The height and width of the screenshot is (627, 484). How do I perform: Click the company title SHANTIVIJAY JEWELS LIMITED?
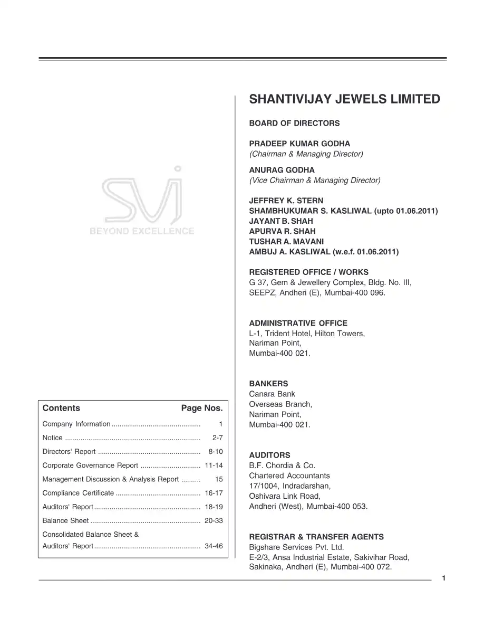point(344,99)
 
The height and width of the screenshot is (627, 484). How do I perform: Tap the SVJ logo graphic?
point(141,195)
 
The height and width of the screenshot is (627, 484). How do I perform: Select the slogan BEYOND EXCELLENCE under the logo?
point(142,231)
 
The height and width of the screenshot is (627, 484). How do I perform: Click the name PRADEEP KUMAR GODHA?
point(299,144)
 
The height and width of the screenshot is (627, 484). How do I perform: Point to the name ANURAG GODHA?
point(282,170)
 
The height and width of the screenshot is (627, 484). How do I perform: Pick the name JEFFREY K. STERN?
point(286,201)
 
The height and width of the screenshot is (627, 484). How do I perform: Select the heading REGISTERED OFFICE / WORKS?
point(308,272)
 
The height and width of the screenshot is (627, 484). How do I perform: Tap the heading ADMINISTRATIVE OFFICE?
point(298,323)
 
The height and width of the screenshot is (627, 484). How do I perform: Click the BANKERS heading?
point(268,384)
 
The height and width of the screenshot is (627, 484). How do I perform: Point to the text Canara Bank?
point(272,394)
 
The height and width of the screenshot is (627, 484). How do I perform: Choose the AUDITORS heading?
point(269,455)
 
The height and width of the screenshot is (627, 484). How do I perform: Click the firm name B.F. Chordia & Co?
point(282,465)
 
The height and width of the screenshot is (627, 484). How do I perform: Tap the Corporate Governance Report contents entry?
point(90,465)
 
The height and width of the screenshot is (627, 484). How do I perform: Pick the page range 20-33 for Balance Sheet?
point(214,521)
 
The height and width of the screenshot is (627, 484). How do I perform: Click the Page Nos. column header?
point(202,408)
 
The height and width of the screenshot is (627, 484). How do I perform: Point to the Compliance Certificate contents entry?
point(78,493)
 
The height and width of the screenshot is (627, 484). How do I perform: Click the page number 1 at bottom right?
point(444,578)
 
